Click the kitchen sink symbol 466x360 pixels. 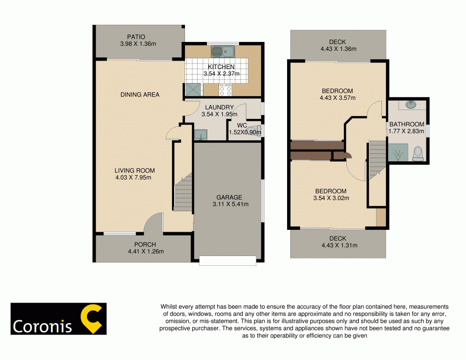point(223,50)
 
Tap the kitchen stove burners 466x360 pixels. point(225,89)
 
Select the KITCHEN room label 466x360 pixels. point(221,67)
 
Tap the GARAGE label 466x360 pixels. point(229,197)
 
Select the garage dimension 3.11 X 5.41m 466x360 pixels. point(230,204)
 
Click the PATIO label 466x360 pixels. point(136,37)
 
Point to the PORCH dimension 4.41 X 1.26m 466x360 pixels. point(145,252)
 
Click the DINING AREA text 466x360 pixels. point(140,95)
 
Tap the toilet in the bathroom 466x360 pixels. point(418,153)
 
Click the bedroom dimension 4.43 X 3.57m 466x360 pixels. point(337,98)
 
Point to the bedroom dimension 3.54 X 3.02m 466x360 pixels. point(331,198)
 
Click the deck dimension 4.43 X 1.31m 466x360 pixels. point(338,246)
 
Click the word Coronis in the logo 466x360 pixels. point(42,326)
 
